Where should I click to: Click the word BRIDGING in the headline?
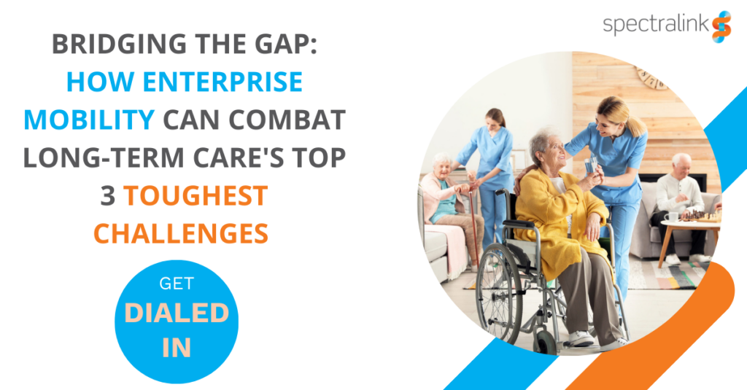pyautogui.click(x=119, y=44)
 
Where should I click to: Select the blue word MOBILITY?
pyautogui.click(x=89, y=120)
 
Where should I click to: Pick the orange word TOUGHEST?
pyautogui.click(x=196, y=195)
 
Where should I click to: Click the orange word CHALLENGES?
pyautogui.click(x=181, y=233)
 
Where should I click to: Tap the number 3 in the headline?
pyautogui.click(x=108, y=195)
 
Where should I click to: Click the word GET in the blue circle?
pyautogui.click(x=177, y=284)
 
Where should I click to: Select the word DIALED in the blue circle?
pyautogui.click(x=177, y=313)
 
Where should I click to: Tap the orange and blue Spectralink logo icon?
pyautogui.click(x=721, y=27)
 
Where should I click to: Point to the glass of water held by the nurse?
pyautogui.click(x=591, y=165)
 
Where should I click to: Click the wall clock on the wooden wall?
pyautogui.click(x=653, y=78)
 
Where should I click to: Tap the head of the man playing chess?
pyautogui.click(x=681, y=165)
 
